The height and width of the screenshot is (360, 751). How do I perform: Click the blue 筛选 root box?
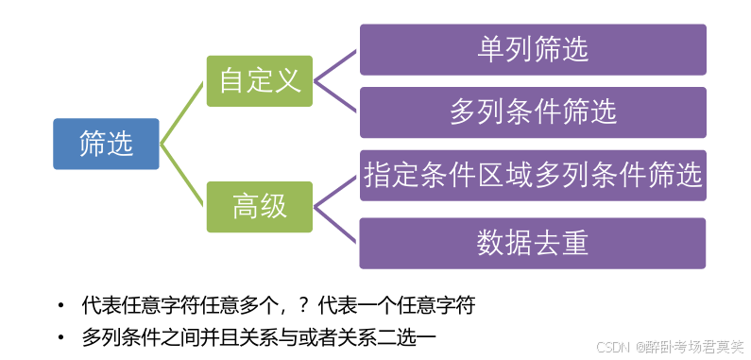[x=106, y=144]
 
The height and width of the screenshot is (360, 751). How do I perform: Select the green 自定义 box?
[x=260, y=80]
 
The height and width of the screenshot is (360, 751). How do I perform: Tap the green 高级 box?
[x=260, y=206]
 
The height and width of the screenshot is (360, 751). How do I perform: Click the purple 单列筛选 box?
[x=533, y=49]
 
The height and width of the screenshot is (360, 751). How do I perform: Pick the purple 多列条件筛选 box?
[x=533, y=112]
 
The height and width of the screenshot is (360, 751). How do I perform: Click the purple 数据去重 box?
[x=533, y=243]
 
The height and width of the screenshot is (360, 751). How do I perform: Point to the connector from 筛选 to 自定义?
[x=184, y=111]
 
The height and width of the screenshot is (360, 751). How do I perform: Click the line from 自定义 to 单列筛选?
[x=337, y=64]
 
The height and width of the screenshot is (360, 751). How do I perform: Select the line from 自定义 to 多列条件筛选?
[x=337, y=96]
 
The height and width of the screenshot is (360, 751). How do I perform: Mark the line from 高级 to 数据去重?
[x=337, y=224]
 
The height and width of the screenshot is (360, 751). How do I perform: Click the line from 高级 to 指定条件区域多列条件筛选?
[x=337, y=190]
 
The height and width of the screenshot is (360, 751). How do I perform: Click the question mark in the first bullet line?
[x=303, y=306]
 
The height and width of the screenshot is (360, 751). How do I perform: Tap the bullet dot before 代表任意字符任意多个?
[x=61, y=306]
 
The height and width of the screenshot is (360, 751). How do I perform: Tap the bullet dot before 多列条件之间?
[x=61, y=336]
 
